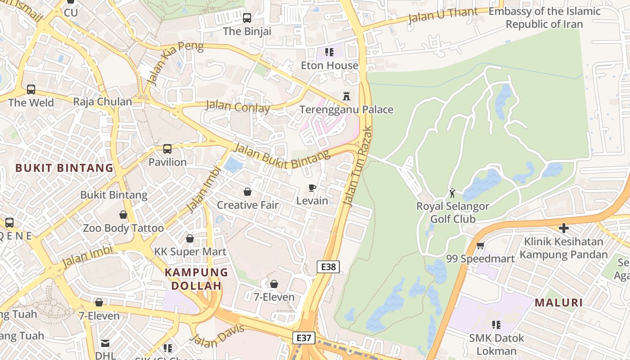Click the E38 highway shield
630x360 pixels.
pos(328,267)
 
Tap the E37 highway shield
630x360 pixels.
pos(304,338)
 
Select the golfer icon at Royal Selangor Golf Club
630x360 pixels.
pos(452,193)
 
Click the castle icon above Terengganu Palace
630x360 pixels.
pos(346,96)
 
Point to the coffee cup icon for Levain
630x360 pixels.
pos(312,188)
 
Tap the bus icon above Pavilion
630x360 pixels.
pos(167,149)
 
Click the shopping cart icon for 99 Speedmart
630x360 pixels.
pos(480,246)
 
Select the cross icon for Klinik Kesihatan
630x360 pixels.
pos(563,228)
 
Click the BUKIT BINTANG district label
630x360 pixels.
pos(64,168)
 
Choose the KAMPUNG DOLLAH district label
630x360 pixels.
pos(196,279)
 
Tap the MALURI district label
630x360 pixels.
pos(559,303)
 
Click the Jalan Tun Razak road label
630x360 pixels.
pos(358,166)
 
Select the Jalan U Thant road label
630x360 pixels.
pos(443,15)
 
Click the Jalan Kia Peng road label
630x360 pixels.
pos(175,63)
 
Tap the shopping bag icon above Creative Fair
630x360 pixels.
pos(247,192)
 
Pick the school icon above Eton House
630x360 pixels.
pos(329,52)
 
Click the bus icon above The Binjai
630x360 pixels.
pos(247,18)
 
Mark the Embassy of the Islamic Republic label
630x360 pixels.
pos(544,18)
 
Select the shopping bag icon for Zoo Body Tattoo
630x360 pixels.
pos(123,215)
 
